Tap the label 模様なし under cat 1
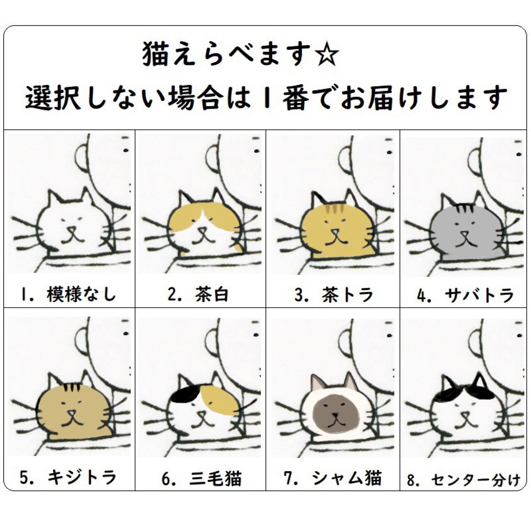[82, 294]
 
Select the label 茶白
[212, 294]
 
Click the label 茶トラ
[348, 295]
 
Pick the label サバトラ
[480, 295]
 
